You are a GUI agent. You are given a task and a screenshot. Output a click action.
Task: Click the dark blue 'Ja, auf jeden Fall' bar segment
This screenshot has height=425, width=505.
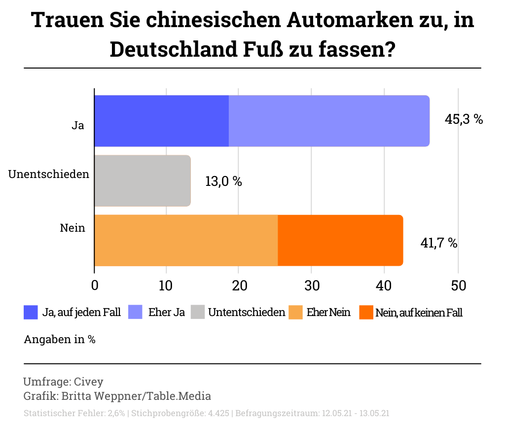coord(161,121)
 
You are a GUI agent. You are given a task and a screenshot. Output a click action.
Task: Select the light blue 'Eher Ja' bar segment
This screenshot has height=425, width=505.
coord(329,121)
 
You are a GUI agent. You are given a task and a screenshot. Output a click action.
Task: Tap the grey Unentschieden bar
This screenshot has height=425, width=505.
coord(142,180)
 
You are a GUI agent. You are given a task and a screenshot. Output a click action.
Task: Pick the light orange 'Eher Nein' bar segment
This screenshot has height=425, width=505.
coord(186,241)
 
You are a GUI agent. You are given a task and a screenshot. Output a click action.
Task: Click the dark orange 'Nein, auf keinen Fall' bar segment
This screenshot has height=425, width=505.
coord(340,241)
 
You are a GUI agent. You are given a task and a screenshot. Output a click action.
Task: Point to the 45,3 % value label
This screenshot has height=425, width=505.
coord(464,119)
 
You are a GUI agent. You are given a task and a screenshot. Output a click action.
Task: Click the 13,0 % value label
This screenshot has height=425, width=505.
coord(223,181)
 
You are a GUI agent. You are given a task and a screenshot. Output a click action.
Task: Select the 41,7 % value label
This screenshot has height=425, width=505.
coord(438,243)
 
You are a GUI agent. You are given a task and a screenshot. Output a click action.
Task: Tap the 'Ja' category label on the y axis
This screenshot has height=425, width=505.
coord(77,125)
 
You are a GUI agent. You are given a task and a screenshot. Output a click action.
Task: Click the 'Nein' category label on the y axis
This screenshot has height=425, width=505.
coord(72,228)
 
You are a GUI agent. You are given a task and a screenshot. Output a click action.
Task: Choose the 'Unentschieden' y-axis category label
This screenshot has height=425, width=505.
coord(49,174)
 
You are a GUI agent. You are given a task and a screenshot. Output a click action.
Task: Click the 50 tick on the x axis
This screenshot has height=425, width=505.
coord(458,285)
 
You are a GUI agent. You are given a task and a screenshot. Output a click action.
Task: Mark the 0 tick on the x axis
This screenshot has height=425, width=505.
coord(95,285)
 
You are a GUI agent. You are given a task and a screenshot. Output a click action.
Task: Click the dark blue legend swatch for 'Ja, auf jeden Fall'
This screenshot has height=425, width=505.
coord(31,313)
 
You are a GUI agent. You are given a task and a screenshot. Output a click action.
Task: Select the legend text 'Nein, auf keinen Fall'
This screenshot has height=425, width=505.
coord(419,313)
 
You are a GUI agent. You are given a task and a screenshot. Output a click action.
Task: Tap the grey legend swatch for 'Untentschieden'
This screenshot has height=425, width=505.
coord(198,313)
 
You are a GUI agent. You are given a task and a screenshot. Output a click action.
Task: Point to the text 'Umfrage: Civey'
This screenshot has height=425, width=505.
coord(63,382)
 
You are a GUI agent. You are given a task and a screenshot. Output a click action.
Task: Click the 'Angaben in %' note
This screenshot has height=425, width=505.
coord(60,340)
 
